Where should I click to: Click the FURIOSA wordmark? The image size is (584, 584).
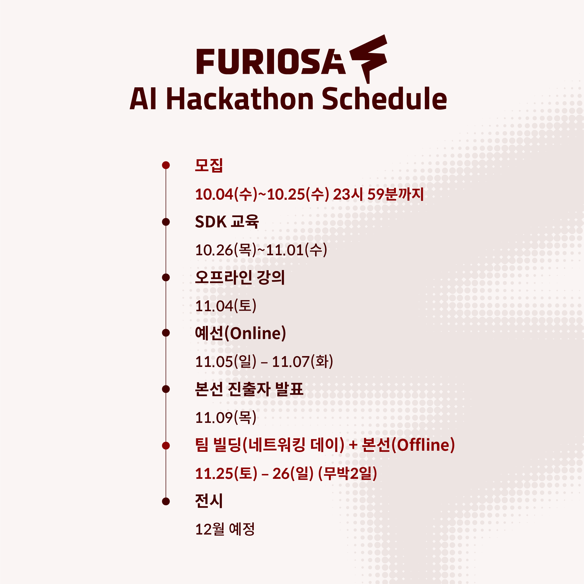[x=271, y=62]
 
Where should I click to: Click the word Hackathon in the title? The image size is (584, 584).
[x=240, y=99]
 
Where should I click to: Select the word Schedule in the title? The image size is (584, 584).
[x=384, y=99]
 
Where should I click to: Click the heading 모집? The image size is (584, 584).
[x=209, y=165]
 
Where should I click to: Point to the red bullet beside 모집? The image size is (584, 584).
[x=166, y=165]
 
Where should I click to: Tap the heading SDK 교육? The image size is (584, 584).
[x=227, y=222]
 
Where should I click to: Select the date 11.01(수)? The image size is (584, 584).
[x=296, y=250]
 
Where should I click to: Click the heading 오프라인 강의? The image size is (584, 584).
[x=240, y=277]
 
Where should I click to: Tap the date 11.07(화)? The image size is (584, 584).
[x=303, y=361]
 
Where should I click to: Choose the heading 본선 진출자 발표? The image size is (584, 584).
[x=249, y=389]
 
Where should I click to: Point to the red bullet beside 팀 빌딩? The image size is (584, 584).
[x=166, y=446]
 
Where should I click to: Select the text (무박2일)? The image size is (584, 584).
[x=348, y=473]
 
